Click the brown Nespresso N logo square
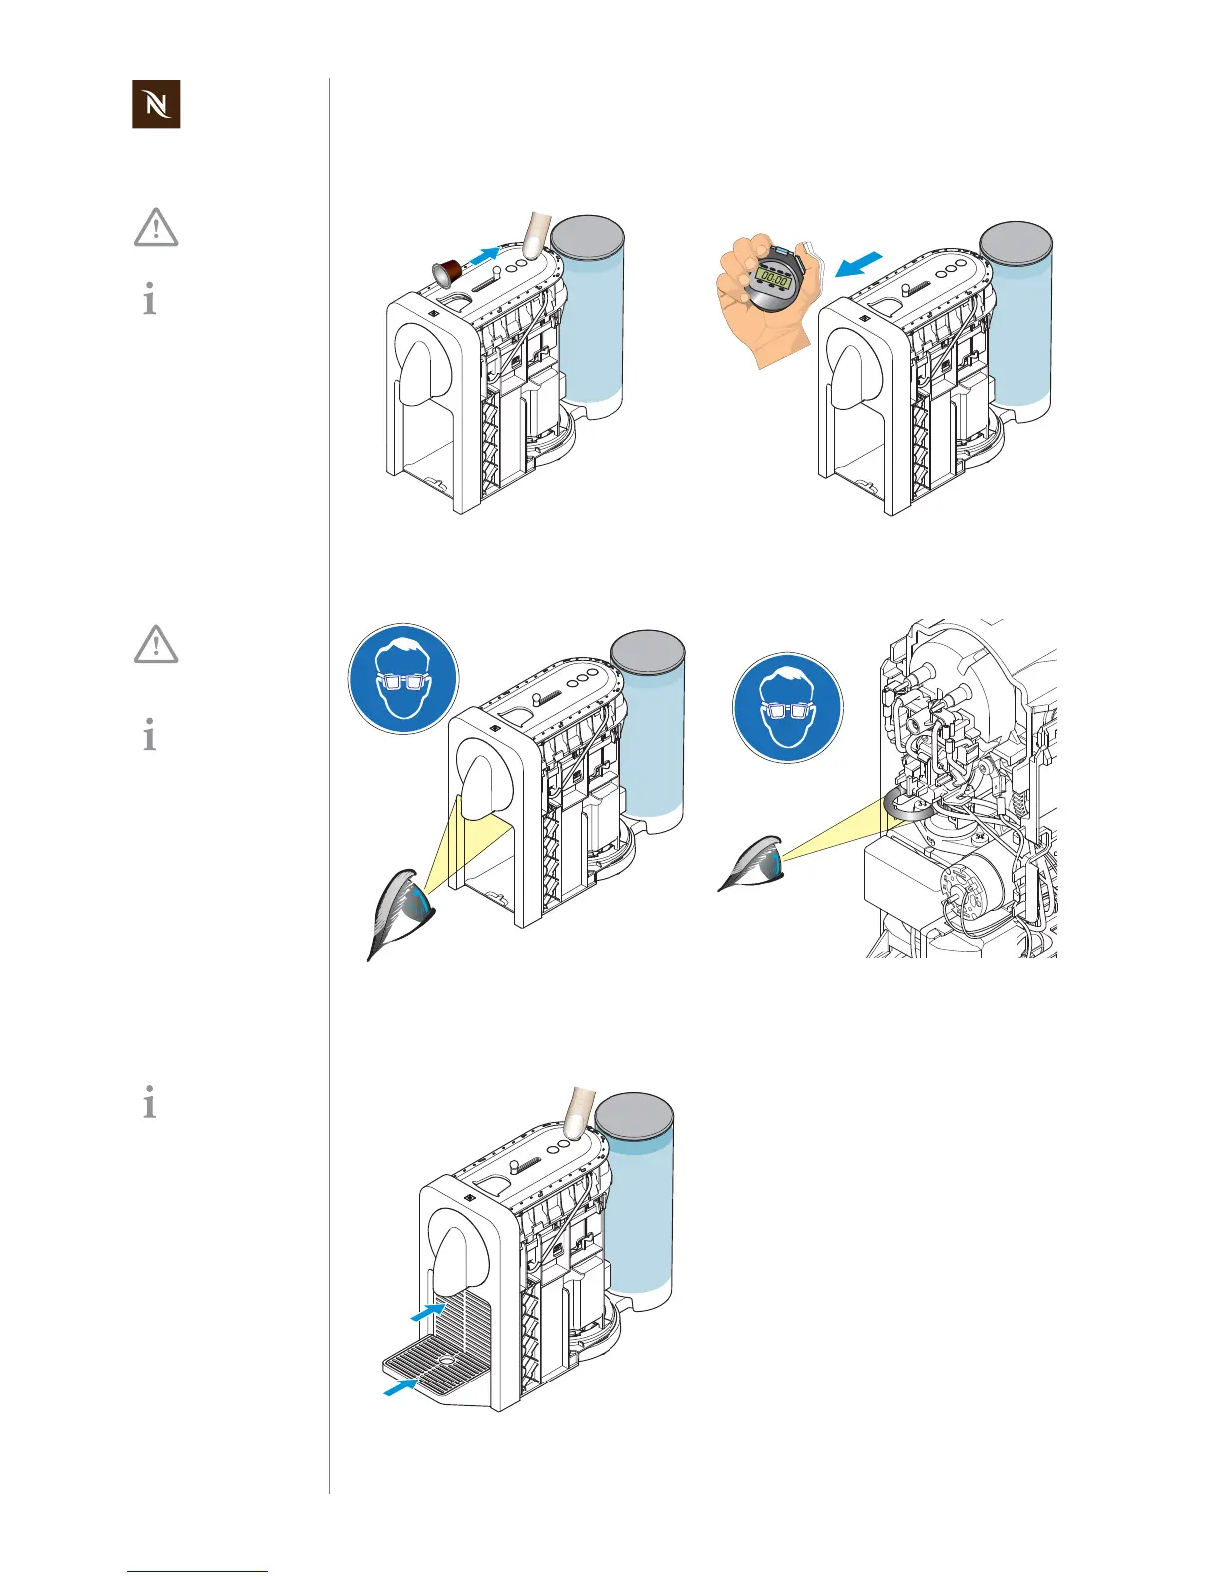(156, 104)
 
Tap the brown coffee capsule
(445, 269)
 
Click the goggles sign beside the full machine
(403, 678)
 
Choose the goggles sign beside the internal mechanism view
(787, 708)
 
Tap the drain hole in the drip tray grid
(446, 1361)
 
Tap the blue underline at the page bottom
(198, 1571)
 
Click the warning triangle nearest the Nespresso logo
(156, 228)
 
